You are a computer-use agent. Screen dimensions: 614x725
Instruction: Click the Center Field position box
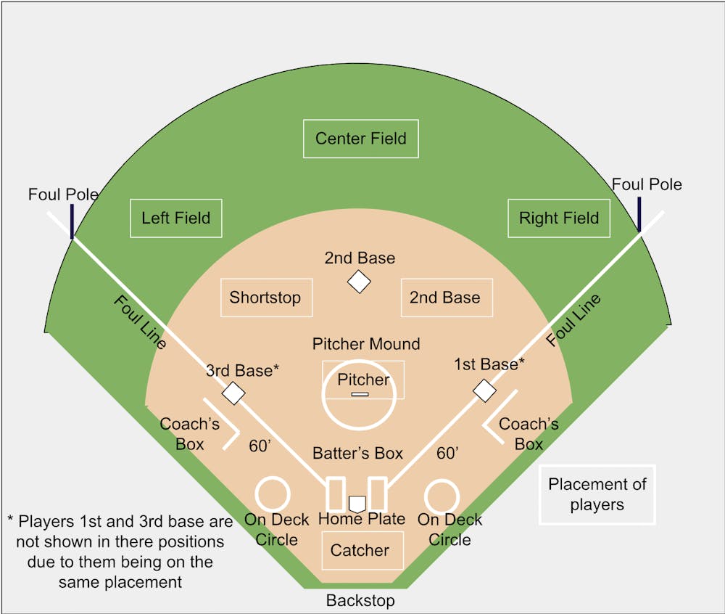pyautogui.click(x=360, y=139)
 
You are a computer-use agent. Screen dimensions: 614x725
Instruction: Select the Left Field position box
pyautogui.click(x=175, y=218)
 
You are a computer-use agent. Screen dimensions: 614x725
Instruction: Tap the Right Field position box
pyautogui.click(x=558, y=218)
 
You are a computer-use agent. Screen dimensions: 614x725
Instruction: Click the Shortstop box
pyautogui.click(x=266, y=297)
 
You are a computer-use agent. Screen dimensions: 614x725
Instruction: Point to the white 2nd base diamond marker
pyautogui.click(x=359, y=282)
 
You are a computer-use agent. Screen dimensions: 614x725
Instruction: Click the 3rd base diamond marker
pyautogui.click(x=233, y=393)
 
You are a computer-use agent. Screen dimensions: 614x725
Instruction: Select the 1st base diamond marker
pyautogui.click(x=484, y=390)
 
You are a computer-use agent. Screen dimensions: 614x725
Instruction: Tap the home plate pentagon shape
pyautogui.click(x=357, y=503)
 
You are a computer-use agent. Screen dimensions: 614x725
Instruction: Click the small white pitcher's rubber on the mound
pyautogui.click(x=360, y=394)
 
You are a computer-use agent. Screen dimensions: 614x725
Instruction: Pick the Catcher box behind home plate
pyautogui.click(x=360, y=550)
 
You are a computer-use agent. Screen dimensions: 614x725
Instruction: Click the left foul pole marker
pyautogui.click(x=72, y=221)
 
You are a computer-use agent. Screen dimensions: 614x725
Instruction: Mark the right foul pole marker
pyautogui.click(x=639, y=214)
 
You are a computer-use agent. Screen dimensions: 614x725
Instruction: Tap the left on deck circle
pyautogui.click(x=273, y=494)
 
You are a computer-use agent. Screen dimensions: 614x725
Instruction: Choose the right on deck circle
pyautogui.click(x=442, y=497)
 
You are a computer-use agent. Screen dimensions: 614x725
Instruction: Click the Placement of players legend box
pyautogui.click(x=597, y=494)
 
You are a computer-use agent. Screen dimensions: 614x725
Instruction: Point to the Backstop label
pyautogui.click(x=360, y=601)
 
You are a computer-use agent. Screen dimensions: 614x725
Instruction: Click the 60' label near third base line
pyautogui.click(x=260, y=446)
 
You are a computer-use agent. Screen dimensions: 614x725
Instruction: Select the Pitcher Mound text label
pyautogui.click(x=366, y=343)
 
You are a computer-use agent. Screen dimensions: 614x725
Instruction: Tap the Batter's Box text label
pyautogui.click(x=357, y=454)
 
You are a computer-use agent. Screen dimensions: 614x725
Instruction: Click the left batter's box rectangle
pyautogui.click(x=335, y=494)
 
